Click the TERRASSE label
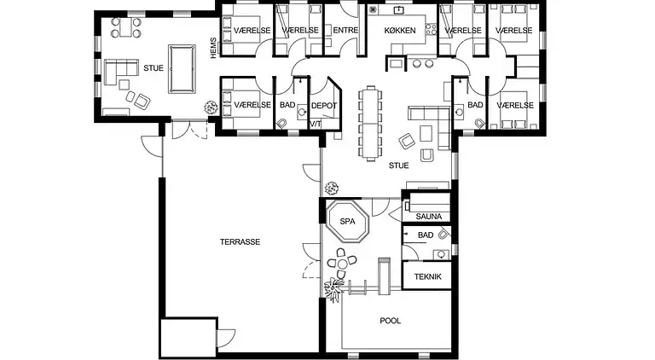240,241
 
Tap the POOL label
390,321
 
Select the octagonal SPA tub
348,221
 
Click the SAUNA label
429,217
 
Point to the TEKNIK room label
428,276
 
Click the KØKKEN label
400,31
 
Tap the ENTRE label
345,30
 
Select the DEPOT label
324,106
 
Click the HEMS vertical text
214,48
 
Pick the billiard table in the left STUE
182,69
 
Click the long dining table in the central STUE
370,123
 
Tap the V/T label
316,124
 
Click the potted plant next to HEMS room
211,107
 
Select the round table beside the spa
342,264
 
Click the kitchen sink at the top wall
399,10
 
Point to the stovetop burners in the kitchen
431,29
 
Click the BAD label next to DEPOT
287,105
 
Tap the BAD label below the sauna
426,235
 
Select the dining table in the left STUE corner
125,27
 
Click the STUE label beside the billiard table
154,68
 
